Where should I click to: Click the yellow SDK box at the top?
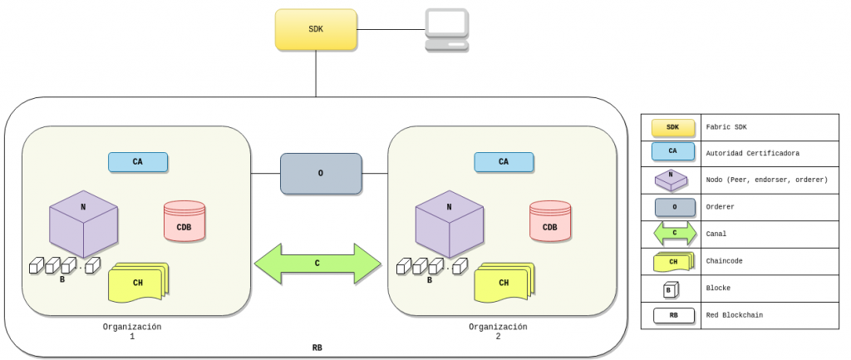tap(316, 29)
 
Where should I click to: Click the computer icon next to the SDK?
tap(446, 31)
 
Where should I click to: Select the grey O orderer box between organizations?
tap(321, 174)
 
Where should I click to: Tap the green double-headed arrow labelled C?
tap(317, 264)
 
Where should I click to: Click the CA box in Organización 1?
tap(138, 162)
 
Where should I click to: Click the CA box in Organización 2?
tap(504, 162)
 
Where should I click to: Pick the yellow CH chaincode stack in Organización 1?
tap(138, 283)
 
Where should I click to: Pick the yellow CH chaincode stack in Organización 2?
tap(504, 283)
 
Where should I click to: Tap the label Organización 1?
tap(132, 332)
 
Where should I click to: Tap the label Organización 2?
tap(498, 332)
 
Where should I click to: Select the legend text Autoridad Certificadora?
tap(752, 154)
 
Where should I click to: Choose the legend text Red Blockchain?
tap(735, 315)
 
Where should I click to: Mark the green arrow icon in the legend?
tap(673, 234)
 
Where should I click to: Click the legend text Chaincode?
tap(726, 261)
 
